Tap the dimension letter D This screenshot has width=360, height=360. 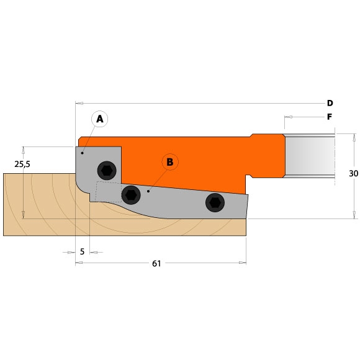coord(330,103)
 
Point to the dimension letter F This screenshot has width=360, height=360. coord(330,117)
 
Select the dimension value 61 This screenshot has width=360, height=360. coord(156,264)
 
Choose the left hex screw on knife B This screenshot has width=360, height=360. coord(131,195)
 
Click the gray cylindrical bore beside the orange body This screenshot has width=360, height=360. coord(309,158)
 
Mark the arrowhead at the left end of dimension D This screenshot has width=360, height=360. coord(79,103)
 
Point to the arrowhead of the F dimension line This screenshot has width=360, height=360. coord(288,117)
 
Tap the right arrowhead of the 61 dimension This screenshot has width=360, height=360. coord(243,264)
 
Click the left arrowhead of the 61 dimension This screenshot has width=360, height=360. coord(79,264)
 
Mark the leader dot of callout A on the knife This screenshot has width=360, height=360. coord(83,152)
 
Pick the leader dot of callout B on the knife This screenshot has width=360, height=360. coord(148,192)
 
